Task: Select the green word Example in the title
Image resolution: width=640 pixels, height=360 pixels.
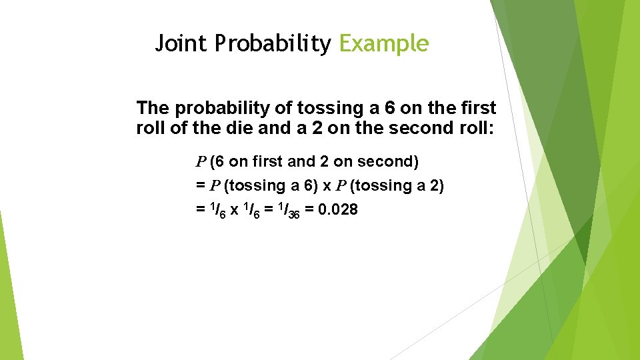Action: tap(383, 44)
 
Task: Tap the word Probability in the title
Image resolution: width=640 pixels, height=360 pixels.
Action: tap(272, 44)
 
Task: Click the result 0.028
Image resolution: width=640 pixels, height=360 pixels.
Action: tap(339, 210)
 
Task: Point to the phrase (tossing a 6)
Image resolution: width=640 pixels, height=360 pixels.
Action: tap(265, 186)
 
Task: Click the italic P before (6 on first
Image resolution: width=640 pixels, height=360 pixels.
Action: tap(201, 162)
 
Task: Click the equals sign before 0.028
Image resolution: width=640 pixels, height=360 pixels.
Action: tap(310, 210)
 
